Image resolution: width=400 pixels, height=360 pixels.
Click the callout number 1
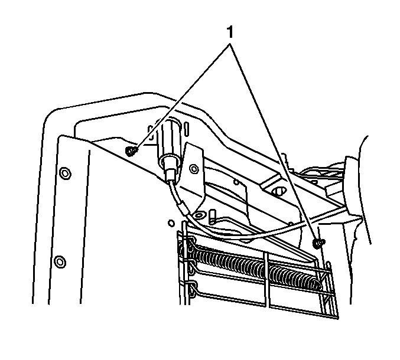pyautogui.click(x=230, y=32)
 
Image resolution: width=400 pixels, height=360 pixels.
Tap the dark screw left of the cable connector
pyautogui.click(x=131, y=151)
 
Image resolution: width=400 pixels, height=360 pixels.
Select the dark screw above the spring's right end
pyautogui.click(x=318, y=243)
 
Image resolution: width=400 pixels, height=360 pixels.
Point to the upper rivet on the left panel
pyautogui.click(x=65, y=174)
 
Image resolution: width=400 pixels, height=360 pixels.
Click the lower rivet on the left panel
pyautogui.click(x=60, y=261)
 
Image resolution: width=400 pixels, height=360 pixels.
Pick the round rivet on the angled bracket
pyautogui.click(x=194, y=169)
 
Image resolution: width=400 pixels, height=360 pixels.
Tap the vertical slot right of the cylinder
pyautogui.click(x=187, y=129)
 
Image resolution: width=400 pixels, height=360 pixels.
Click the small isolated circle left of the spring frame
pyautogui.click(x=171, y=223)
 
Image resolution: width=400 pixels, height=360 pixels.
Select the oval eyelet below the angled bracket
pyautogui.click(x=199, y=215)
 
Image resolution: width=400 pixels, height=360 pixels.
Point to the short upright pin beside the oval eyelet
pyautogui.click(x=212, y=216)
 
